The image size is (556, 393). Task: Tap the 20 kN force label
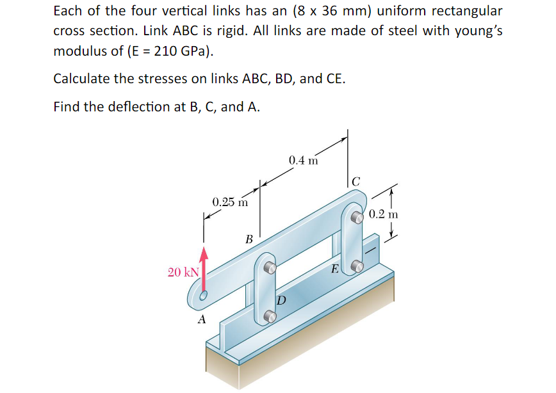(183, 273)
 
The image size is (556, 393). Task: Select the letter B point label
(249, 239)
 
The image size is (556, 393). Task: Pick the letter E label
(334, 269)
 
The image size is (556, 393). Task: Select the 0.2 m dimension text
(384, 214)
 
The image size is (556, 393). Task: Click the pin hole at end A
(203, 296)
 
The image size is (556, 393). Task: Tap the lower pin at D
(270, 314)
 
